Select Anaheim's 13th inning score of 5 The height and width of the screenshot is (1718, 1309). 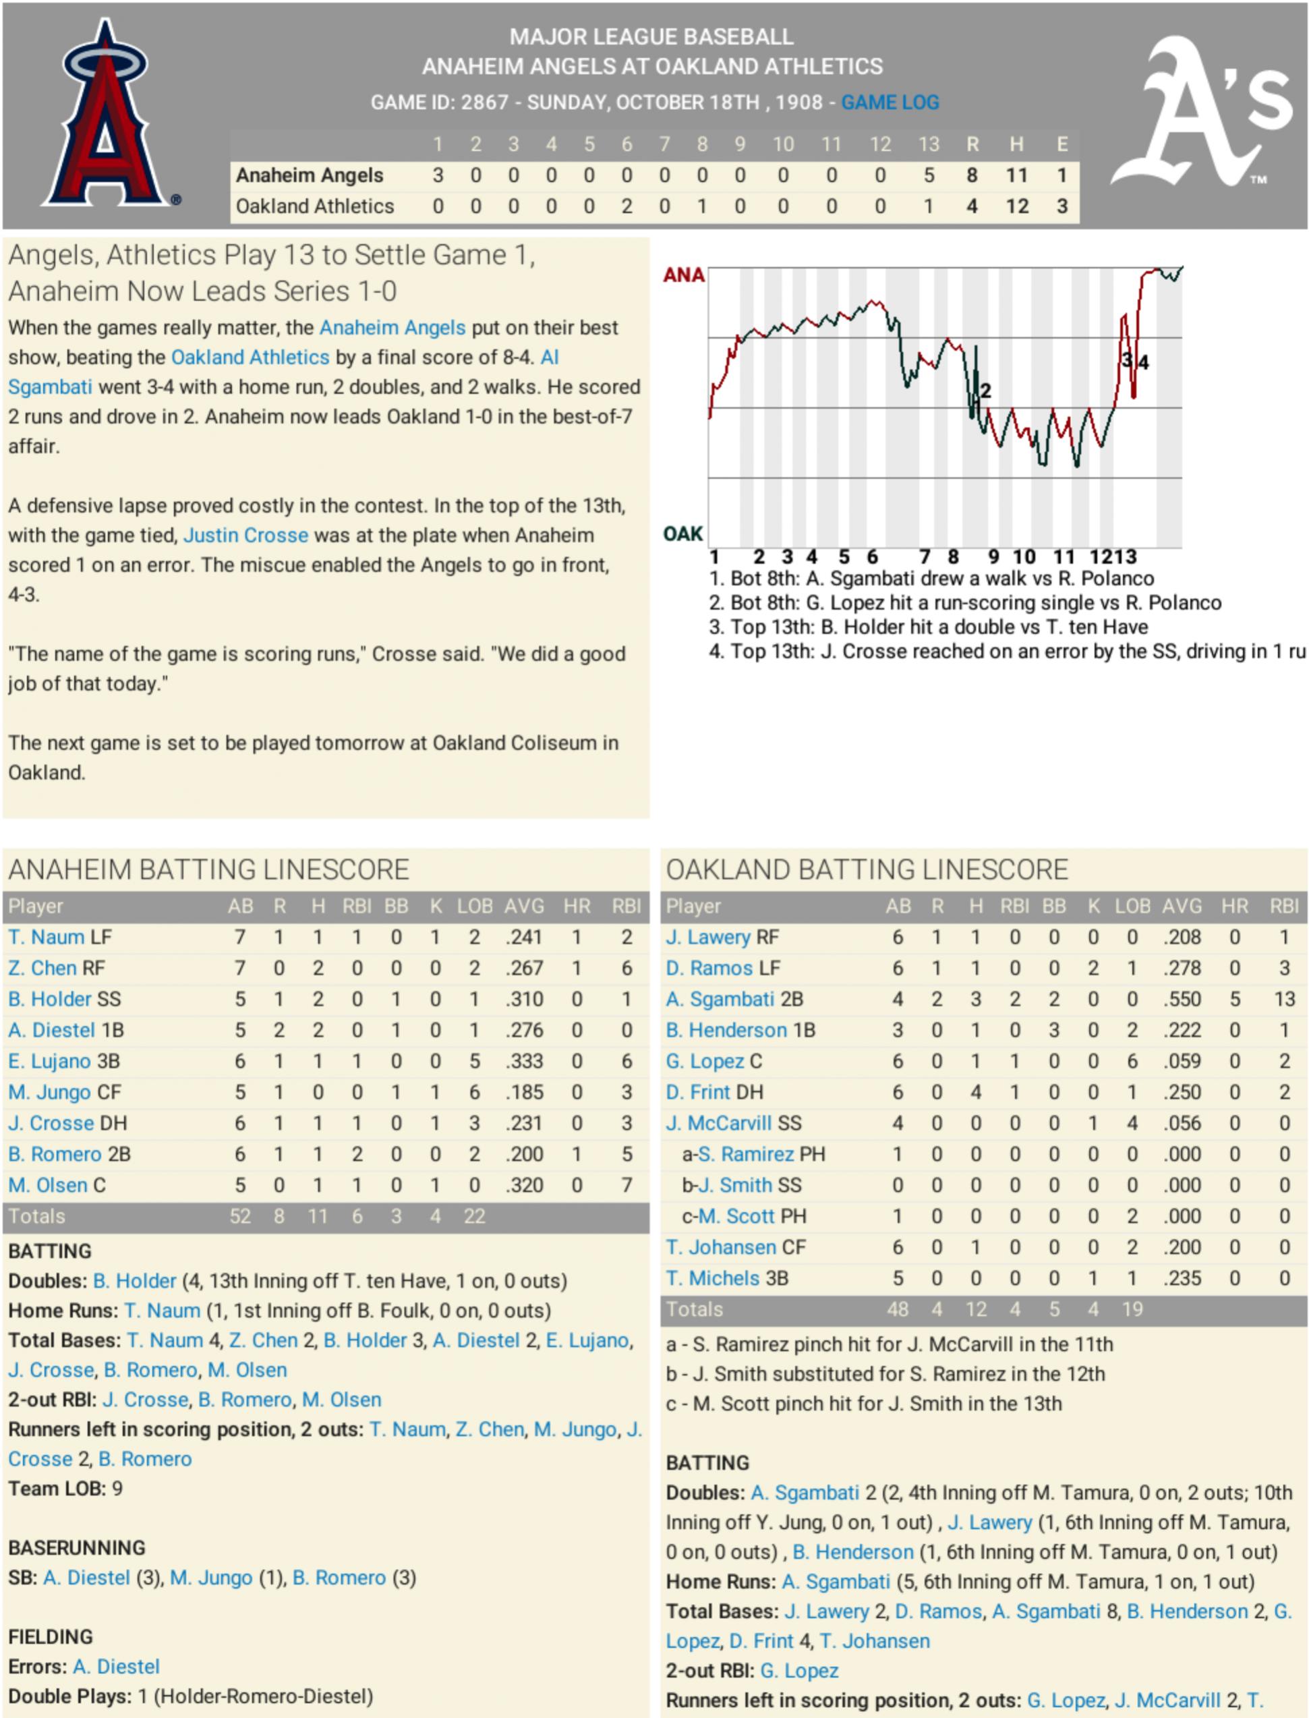pyautogui.click(x=929, y=175)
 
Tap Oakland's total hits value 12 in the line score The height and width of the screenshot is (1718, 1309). pyautogui.click(x=1017, y=206)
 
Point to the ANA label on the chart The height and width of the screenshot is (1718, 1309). pyautogui.click(x=683, y=275)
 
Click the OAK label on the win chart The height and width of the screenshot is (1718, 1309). pyautogui.click(x=682, y=534)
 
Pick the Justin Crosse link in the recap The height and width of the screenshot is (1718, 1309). pyautogui.click(x=245, y=536)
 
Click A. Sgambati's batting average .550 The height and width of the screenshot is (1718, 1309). pyautogui.click(x=1182, y=999)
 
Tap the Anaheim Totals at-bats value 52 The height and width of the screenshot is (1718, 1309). pyautogui.click(x=240, y=1216)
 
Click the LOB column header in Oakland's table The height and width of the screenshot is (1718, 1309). pyautogui.click(x=1132, y=906)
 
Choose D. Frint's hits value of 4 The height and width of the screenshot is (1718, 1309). pyautogui.click(x=976, y=1092)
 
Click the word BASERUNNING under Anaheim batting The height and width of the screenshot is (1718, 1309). pyautogui.click(x=77, y=1547)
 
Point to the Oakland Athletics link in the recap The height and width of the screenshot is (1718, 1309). pyautogui.click(x=250, y=357)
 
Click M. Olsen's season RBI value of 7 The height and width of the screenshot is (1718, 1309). pyautogui.click(x=627, y=1185)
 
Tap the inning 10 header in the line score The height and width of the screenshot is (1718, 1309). pyautogui.click(x=783, y=144)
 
